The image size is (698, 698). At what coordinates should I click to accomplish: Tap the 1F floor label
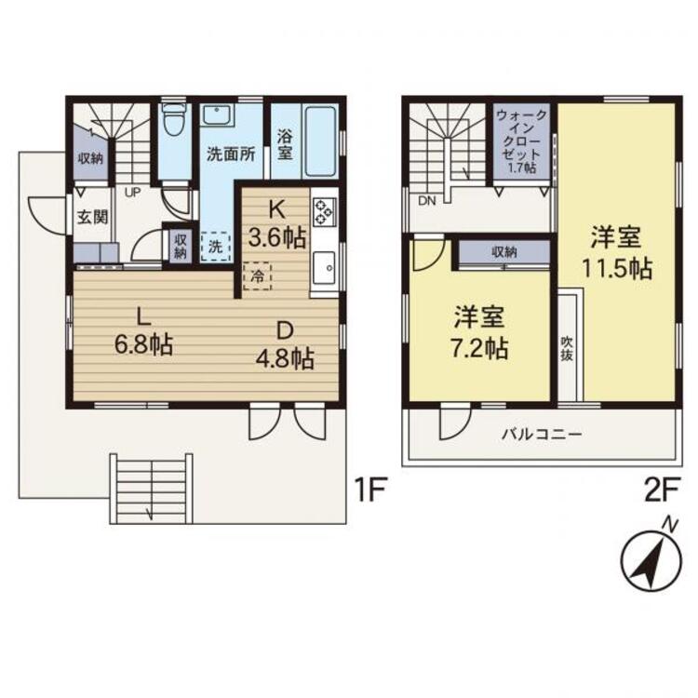pos(369,490)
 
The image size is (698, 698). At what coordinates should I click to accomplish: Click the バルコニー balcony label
pos(542,434)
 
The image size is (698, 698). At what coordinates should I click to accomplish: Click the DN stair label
pos(427,199)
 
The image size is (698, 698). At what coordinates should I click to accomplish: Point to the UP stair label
pos(133,193)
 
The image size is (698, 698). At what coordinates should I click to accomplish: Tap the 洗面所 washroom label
pos(230,154)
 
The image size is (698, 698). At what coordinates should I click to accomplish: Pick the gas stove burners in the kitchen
pos(325,211)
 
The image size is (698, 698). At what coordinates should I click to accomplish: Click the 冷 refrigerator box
pos(256,275)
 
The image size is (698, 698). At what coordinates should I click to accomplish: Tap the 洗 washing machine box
pos(215,247)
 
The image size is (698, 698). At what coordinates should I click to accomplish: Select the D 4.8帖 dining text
pos(284,343)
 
